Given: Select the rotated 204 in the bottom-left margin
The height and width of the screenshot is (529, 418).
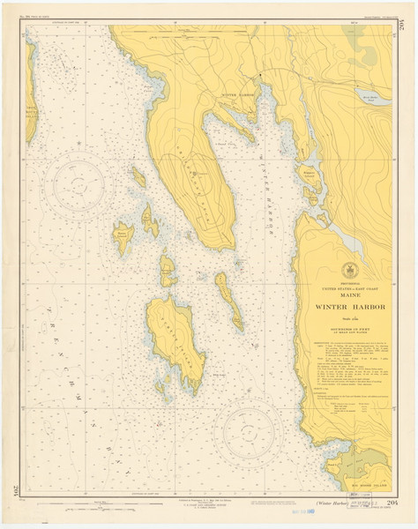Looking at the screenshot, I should point(13,490).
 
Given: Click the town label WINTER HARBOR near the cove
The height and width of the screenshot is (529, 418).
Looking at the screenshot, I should point(235,94).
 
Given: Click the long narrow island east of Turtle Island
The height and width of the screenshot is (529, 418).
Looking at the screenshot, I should point(228,297).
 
